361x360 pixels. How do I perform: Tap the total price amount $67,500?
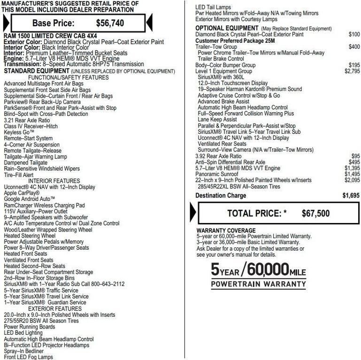pyautogui.click(x=315, y=213)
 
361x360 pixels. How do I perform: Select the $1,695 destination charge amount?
pyautogui.click(x=351, y=195)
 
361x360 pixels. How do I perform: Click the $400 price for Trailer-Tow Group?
pyautogui.click(x=354, y=47)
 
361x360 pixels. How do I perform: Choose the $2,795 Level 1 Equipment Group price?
pyautogui.click(x=352, y=71)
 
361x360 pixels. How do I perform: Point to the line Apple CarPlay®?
pyautogui.click(x=22, y=193)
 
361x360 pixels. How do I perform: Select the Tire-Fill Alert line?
pyautogui.click(x=18, y=175)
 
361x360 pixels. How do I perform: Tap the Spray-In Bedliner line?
pyautogui.click(x=23, y=351)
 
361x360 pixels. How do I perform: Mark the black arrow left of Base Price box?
pyautogui.click(x=6, y=22)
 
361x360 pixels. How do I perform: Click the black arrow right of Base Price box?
pyautogui.click(x=149, y=22)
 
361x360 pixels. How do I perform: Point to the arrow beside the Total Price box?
pyautogui.click(x=193, y=213)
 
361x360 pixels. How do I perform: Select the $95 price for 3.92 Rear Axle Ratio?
pyautogui.click(x=355, y=156)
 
